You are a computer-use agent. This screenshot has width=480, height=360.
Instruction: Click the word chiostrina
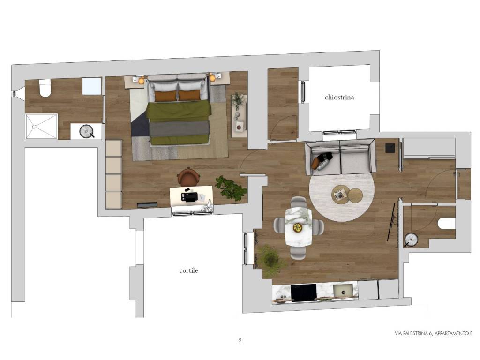tap(339, 97)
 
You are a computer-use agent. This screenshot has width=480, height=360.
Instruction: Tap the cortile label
tap(188, 270)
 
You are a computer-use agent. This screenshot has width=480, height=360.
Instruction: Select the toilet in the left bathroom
tap(45, 88)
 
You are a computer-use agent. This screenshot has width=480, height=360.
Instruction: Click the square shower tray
tap(41, 127)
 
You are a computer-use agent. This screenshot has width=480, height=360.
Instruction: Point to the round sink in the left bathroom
tap(87, 131)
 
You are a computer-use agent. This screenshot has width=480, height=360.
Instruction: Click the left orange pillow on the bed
tap(165, 96)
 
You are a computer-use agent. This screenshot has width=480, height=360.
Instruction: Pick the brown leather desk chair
tap(188, 177)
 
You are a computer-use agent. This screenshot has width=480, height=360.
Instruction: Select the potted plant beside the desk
tap(231, 187)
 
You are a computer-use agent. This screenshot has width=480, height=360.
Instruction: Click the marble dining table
tap(299, 227)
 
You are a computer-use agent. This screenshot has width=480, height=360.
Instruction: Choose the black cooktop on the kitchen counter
tap(303, 292)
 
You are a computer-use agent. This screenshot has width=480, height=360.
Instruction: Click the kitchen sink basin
tap(345, 291)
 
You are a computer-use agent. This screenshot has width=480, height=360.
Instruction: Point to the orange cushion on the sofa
tap(315, 163)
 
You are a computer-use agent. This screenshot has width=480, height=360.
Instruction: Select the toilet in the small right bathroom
tap(447, 223)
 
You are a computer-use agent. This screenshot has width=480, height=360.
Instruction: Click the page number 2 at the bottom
tap(240, 340)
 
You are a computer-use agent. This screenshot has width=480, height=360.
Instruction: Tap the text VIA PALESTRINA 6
tap(413, 334)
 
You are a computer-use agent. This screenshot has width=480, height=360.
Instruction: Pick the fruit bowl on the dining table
tap(297, 227)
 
